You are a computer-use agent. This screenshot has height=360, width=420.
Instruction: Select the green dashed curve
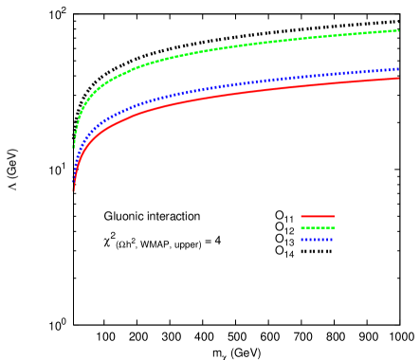click(x=237, y=45)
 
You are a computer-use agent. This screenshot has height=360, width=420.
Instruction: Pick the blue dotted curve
click(x=237, y=83)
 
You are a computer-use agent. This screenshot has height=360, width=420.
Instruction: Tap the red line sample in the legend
click(x=318, y=216)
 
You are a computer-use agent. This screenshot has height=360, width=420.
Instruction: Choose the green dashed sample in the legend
click(x=318, y=227)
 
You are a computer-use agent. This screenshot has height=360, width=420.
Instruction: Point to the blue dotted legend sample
click(x=318, y=240)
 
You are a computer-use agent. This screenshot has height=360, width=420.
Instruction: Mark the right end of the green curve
click(x=398, y=31)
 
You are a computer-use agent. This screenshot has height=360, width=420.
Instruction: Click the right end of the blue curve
click(x=398, y=69)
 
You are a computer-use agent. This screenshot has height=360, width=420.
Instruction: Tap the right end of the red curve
click(x=398, y=78)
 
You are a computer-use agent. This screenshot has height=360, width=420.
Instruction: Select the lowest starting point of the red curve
click(x=73, y=191)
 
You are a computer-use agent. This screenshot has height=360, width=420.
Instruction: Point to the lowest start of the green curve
click(x=73, y=148)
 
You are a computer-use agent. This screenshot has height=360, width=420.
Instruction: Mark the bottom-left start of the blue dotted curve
click(x=73, y=181)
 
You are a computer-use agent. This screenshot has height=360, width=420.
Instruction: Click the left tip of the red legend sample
click(x=301, y=216)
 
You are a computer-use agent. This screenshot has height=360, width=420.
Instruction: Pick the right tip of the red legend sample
click(x=334, y=216)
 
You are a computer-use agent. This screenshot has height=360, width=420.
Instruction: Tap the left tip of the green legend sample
click(x=301, y=227)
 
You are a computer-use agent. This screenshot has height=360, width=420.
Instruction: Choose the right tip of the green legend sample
click(x=334, y=227)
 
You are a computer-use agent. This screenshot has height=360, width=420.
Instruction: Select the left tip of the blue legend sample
click(x=301, y=240)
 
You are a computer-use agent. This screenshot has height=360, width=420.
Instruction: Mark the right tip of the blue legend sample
click(x=334, y=240)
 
